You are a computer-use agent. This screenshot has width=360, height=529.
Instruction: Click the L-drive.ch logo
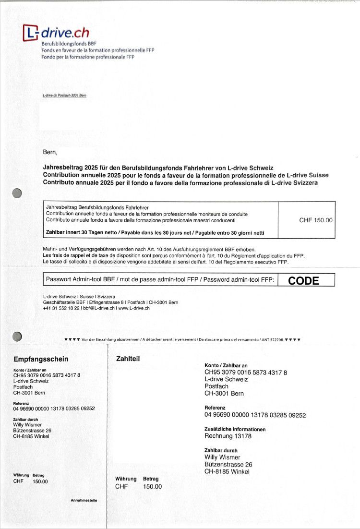56,33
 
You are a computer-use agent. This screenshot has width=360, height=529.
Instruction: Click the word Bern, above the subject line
50,153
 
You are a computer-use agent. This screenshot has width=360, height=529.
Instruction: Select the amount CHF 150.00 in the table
315,220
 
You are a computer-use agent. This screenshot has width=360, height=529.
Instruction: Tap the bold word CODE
303,281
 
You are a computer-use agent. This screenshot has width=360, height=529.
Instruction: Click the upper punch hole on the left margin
17,193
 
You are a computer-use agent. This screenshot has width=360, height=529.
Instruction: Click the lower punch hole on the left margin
17,336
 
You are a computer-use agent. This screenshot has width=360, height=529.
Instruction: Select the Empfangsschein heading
41,359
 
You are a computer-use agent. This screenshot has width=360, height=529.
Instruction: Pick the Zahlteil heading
128,358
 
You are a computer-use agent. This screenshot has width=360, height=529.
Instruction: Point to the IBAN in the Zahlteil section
246,373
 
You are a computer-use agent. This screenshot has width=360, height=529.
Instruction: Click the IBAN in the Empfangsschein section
47,375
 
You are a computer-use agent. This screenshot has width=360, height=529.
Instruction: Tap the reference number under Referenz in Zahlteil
255,415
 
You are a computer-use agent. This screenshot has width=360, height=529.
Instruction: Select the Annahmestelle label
84,500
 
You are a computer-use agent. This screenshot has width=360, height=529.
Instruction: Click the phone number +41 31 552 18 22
61,308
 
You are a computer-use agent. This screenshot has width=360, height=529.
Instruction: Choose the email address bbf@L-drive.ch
98,308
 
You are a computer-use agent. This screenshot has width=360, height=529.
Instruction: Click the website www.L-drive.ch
134,308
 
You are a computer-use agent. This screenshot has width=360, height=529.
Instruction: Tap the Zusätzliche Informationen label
235,429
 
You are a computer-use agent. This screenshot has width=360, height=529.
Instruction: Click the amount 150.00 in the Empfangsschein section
40,481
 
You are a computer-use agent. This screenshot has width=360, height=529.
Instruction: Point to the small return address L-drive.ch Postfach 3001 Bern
64,96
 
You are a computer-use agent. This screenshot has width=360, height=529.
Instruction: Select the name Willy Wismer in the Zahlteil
222,457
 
